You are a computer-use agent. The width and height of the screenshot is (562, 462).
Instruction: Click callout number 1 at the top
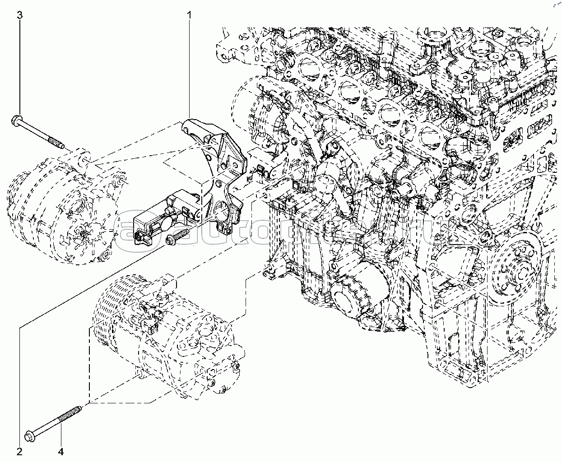coord(190,15)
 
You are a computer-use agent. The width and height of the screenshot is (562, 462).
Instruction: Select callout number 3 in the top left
coord(19,15)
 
